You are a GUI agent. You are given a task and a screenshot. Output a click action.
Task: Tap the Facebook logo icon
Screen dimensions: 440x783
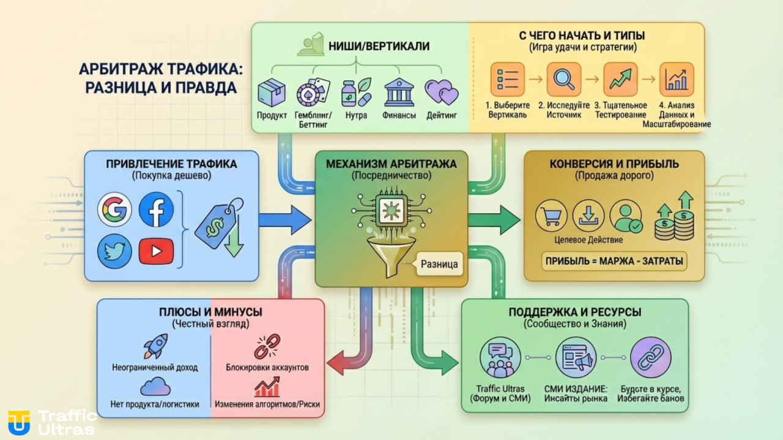click(x=156, y=209)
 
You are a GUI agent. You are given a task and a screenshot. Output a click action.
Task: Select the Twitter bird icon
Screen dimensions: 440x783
click(x=115, y=251)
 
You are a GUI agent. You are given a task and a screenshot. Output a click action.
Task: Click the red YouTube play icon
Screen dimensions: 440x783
click(x=156, y=251)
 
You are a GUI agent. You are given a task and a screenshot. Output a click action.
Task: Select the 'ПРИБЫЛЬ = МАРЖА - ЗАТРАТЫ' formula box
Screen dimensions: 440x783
click(x=614, y=262)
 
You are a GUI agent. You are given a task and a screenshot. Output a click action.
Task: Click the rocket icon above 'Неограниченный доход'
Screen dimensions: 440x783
click(x=155, y=346)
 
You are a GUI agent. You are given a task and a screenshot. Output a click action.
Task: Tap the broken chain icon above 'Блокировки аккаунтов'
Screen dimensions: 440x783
click(x=267, y=346)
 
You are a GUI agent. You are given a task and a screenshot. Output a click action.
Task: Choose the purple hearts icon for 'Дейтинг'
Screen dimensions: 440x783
click(x=441, y=93)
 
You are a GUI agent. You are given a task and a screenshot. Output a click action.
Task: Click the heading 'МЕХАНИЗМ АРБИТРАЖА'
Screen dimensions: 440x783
click(x=391, y=163)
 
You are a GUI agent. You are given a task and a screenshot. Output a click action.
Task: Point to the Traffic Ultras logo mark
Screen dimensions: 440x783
click(x=19, y=422)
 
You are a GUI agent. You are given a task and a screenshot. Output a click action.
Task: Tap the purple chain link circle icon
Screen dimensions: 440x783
click(x=651, y=358)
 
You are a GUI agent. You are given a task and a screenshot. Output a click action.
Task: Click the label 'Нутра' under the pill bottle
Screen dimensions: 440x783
click(x=356, y=116)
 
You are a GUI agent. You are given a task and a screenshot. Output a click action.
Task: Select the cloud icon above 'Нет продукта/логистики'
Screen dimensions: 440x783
click(x=155, y=387)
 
